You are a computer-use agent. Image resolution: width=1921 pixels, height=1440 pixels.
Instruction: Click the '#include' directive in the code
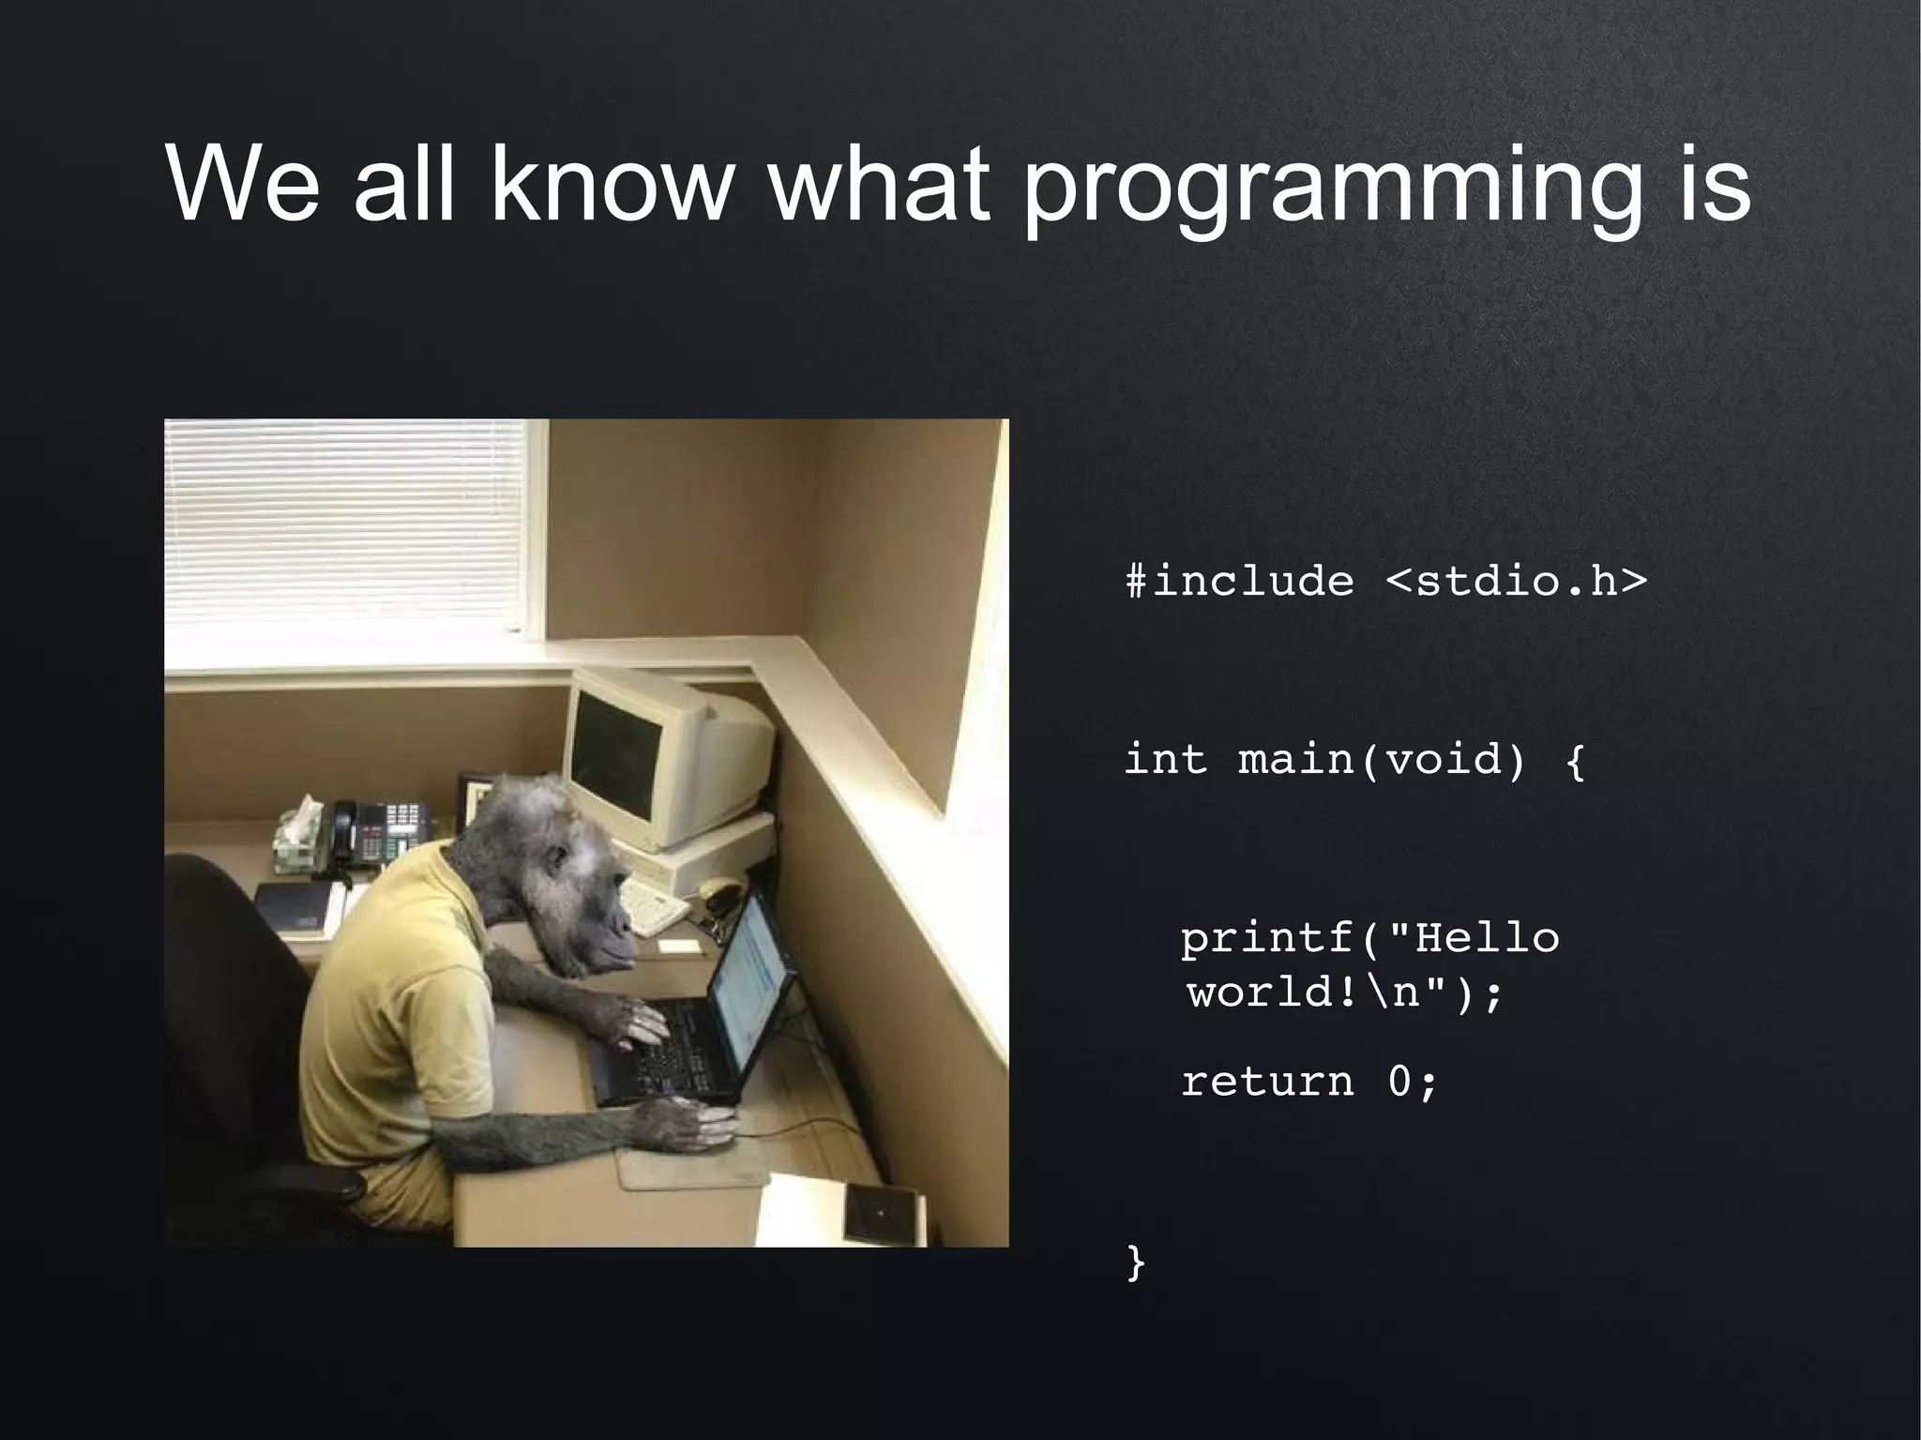click(1239, 581)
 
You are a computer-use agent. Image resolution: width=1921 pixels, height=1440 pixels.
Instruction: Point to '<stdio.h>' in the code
click(1515, 581)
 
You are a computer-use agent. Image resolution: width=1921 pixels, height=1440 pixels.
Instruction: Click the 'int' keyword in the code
click(1165, 758)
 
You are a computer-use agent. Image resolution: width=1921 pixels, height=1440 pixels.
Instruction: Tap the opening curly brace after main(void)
click(1576, 760)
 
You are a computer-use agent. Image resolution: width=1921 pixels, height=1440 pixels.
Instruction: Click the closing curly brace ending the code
click(1135, 1262)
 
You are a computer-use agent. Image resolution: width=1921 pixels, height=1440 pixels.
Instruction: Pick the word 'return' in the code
click(1266, 1082)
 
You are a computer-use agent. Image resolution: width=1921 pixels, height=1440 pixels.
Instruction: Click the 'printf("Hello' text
click(1369, 938)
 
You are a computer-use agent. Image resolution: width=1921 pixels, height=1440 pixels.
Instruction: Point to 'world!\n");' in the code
click(1344, 992)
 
